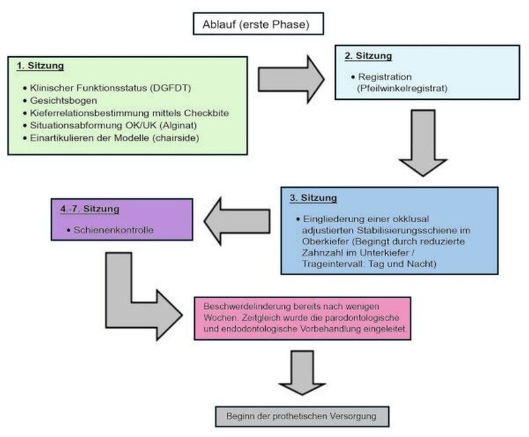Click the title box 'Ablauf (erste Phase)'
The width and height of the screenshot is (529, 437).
[259, 24]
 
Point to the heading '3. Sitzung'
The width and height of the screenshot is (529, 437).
[313, 198]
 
